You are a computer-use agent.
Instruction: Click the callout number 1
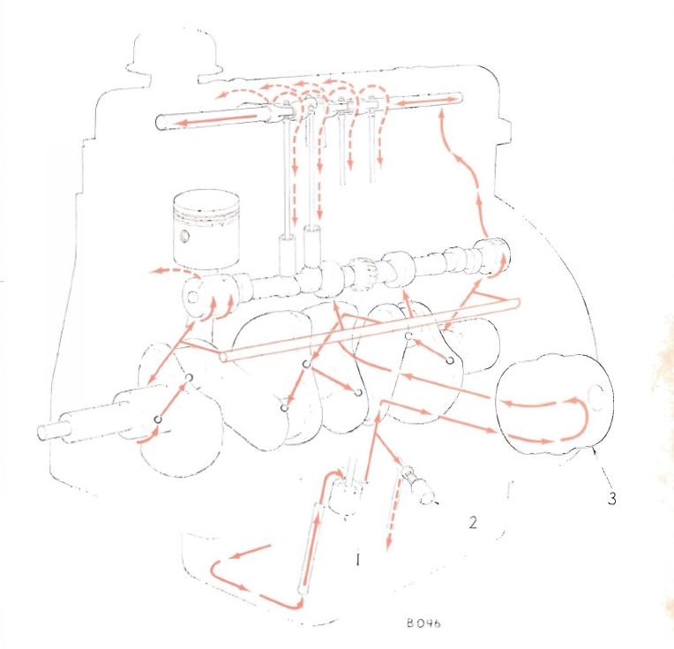point(357,559)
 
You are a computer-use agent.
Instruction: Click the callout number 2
point(473,523)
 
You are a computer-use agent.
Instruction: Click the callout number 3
point(612,498)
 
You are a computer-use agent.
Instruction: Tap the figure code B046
point(423,623)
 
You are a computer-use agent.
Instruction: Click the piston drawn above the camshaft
point(206,230)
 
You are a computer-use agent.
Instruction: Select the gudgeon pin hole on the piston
point(185,236)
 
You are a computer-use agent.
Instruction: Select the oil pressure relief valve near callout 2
point(418,484)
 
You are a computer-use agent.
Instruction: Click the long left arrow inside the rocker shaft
point(218,119)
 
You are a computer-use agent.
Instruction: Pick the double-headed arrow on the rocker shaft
point(425,102)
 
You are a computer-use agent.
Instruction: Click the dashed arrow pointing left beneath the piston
point(176,270)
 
